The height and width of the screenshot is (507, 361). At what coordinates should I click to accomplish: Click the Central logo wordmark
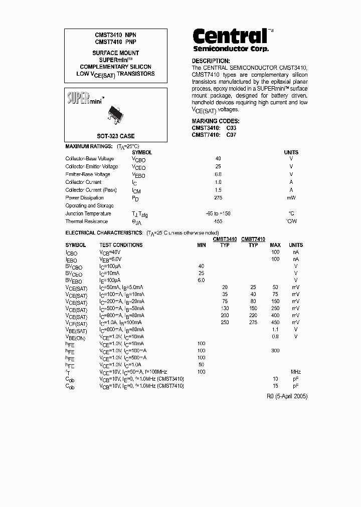[x=230, y=36]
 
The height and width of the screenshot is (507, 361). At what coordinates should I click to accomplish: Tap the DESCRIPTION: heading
[x=211, y=61]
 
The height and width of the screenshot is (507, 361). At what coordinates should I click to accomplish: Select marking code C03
[x=231, y=128]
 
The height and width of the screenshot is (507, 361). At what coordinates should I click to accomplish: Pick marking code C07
[x=231, y=134]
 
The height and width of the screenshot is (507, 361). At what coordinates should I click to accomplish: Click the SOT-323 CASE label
[x=116, y=136]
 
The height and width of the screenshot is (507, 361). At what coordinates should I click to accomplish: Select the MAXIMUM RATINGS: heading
[x=89, y=146]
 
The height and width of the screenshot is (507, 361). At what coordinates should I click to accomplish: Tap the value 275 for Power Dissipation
[x=218, y=198]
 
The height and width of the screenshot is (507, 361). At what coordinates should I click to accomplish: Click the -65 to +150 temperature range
[x=218, y=213]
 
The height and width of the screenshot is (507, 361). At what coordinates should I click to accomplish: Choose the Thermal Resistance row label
[x=86, y=221]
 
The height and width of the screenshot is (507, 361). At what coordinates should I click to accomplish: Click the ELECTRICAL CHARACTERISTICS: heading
[x=104, y=233]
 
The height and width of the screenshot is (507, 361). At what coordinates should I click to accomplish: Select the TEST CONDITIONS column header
[x=121, y=245]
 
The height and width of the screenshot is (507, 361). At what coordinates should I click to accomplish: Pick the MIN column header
[x=202, y=245]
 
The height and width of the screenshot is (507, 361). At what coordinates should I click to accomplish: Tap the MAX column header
[x=275, y=245]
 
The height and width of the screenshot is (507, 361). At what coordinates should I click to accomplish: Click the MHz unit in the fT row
[x=296, y=372]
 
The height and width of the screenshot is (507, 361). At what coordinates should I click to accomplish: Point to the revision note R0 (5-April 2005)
[x=287, y=396]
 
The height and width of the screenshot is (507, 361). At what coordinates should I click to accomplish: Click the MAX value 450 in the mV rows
[x=275, y=322]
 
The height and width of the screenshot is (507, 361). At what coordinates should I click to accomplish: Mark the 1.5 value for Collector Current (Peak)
[x=218, y=190]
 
